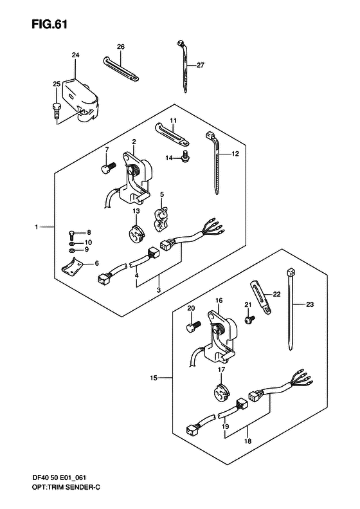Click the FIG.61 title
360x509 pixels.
[50, 24]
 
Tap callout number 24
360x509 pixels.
[75, 55]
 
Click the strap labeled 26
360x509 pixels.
[121, 68]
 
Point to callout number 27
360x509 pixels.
[201, 65]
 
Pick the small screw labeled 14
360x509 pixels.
[186, 157]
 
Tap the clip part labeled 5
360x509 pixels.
[160, 221]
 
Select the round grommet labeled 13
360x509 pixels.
[136, 233]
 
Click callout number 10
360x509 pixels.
[87, 242]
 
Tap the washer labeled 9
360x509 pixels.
[71, 250]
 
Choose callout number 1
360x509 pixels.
[37, 227]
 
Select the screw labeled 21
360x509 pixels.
[249, 319]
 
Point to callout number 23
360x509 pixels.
[310, 304]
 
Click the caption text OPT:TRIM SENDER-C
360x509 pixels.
[61, 496]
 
